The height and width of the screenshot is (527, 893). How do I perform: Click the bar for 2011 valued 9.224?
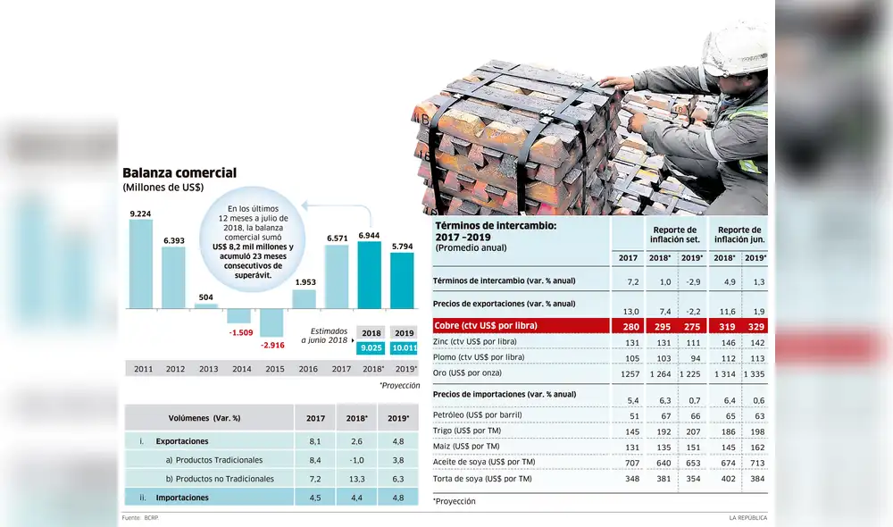140,263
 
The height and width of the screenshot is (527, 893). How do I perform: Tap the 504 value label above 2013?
206,297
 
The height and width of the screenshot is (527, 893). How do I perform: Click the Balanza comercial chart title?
179,172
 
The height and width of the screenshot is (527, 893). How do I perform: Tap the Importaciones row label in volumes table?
182,497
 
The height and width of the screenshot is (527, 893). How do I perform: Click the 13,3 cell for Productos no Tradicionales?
355,479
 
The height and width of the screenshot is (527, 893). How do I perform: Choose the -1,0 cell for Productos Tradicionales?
355,459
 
